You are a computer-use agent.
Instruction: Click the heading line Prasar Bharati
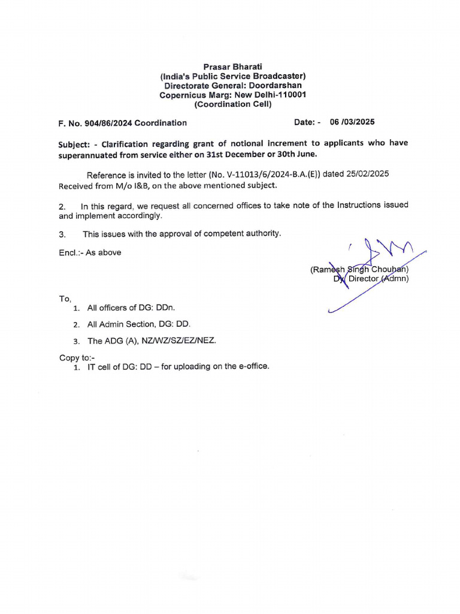(x=232, y=67)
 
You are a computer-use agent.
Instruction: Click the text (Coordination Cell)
(x=233, y=104)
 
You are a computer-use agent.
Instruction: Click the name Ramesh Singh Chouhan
(x=359, y=269)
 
